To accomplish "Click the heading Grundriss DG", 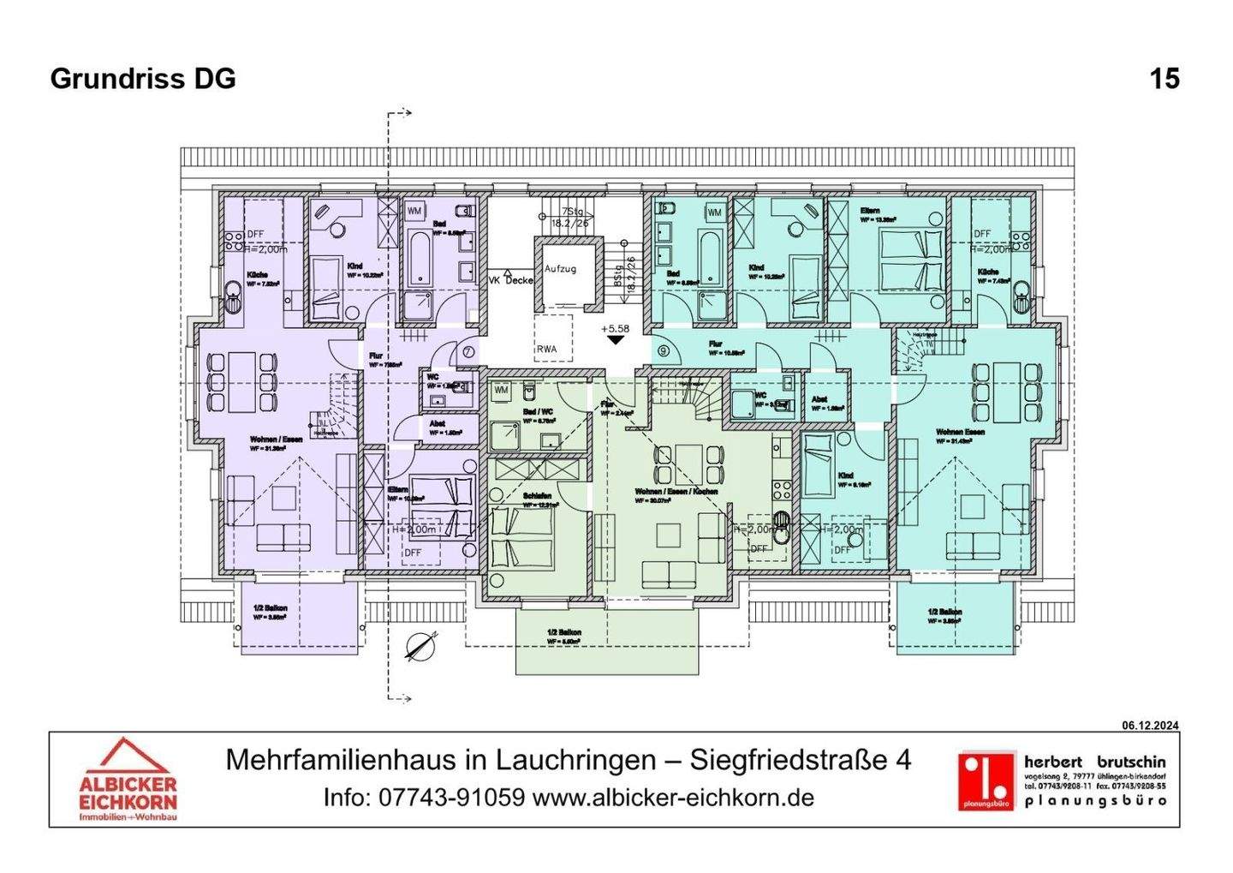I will click(x=143, y=79).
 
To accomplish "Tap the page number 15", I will click(x=1164, y=79).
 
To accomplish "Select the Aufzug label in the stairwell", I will click(x=560, y=269).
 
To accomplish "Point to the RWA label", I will click(x=546, y=349).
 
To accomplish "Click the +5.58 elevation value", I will click(x=615, y=328).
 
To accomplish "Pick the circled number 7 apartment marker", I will click(x=468, y=351).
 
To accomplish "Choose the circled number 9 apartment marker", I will click(x=664, y=351).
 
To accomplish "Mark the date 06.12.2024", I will click(x=1150, y=726).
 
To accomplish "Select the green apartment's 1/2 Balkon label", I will click(x=564, y=633).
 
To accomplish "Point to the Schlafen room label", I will click(x=537, y=496).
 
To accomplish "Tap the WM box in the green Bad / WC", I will click(x=501, y=390).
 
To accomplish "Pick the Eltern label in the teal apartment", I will click(x=870, y=210).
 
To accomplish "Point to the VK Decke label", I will click(x=510, y=280).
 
